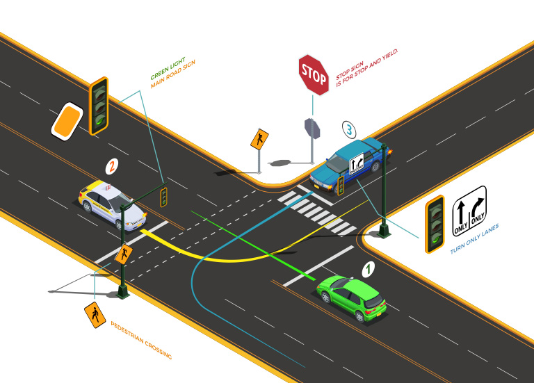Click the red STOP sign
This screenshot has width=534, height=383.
coord(314,74)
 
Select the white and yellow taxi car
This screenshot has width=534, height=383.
coord(111,204)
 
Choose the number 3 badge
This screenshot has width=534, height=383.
coord(350,129)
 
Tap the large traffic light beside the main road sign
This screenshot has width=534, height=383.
coord(99,106)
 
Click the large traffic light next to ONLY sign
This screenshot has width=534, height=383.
coord(435,223)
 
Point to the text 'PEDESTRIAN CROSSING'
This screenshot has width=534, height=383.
coord(141,340)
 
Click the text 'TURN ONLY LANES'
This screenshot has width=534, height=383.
coord(475,238)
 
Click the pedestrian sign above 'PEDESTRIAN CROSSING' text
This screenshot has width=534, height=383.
coord(94,316)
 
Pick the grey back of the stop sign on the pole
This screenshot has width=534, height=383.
coord(311,128)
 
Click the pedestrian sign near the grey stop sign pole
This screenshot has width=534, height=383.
coord(259,139)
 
